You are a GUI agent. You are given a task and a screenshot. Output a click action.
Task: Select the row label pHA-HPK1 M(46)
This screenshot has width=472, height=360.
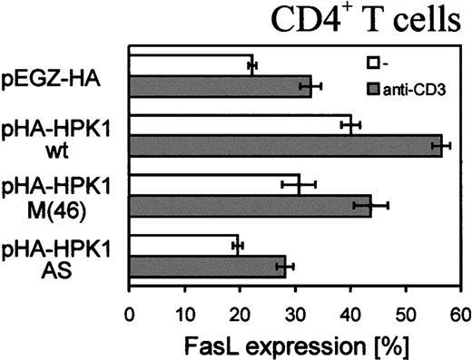(x=64, y=196)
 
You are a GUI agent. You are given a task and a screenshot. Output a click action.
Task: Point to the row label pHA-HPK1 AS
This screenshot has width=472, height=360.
(x=64, y=256)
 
